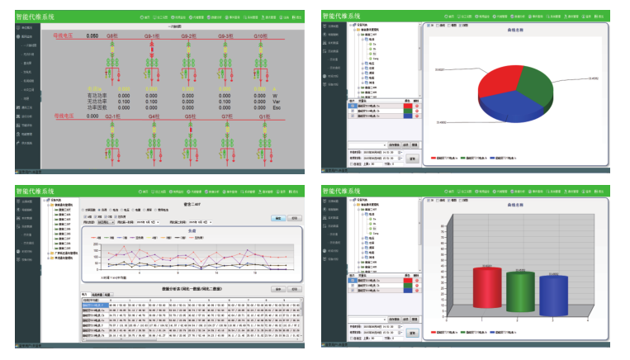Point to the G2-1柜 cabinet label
pyautogui.click(x=113, y=117)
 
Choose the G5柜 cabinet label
pyautogui.click(x=190, y=117)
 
